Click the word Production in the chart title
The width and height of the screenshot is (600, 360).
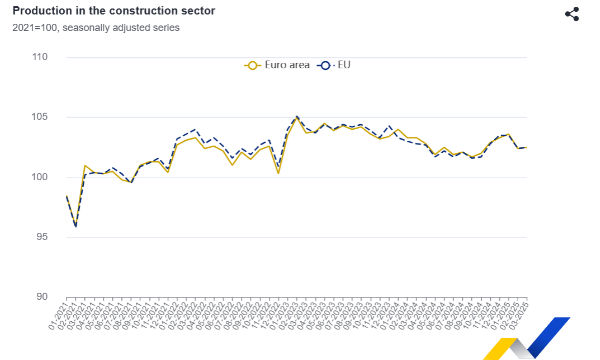(41, 11)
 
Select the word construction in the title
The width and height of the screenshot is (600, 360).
(137, 11)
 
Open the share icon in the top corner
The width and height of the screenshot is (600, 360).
(572, 14)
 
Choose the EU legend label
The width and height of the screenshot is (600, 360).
(343, 65)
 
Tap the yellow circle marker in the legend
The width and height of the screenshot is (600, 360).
(252, 65)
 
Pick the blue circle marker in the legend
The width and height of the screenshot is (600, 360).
(323, 65)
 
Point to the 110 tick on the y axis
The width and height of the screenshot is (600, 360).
(40, 57)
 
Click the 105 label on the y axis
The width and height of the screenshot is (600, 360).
(40, 117)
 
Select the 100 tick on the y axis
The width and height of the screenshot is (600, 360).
(40, 177)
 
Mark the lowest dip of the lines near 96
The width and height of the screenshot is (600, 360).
(76, 227)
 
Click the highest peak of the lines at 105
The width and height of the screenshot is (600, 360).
(296, 117)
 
